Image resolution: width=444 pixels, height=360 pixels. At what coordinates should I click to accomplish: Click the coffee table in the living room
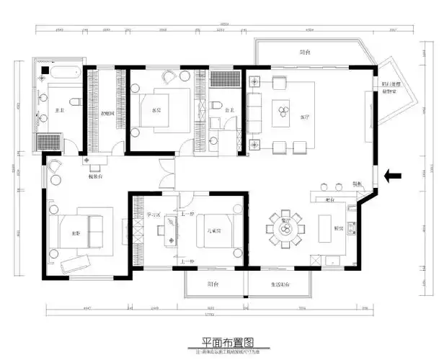280,112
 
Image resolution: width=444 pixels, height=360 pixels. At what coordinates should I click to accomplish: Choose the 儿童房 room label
213,231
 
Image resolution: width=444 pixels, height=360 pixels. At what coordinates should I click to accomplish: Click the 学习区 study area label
154,214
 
